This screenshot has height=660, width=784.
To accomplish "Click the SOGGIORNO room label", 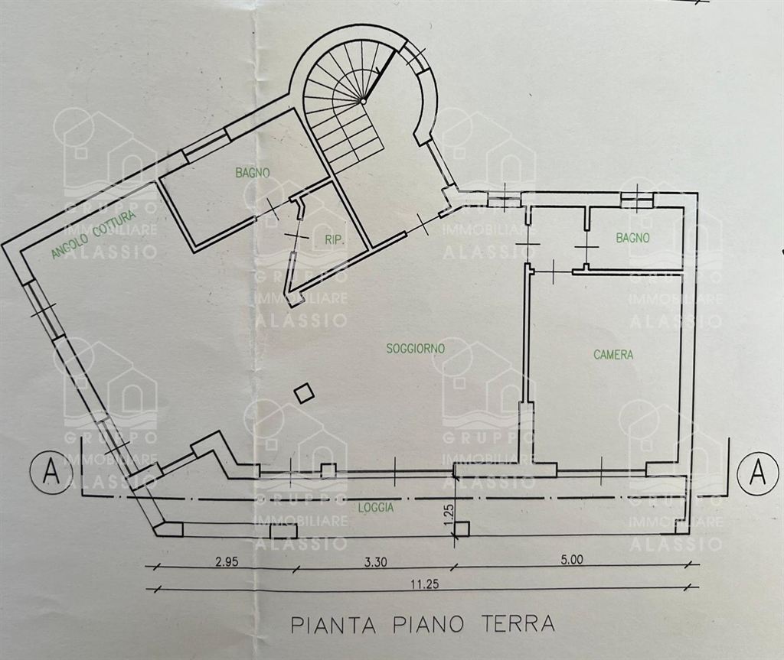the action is coord(415,348).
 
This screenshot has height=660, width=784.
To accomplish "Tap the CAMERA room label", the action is coord(613,354).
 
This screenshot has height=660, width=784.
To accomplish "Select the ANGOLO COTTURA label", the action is coord(93,235).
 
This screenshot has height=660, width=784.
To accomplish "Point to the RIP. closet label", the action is coord(335,240).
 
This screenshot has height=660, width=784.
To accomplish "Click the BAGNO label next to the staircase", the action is coord(253,173).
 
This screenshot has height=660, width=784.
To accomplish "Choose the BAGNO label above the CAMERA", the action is coord(633,238).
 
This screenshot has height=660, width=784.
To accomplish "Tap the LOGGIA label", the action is coord(376,508).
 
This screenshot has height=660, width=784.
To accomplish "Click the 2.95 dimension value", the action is coord(227,561).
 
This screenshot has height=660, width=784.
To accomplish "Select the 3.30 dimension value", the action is coord(375,561).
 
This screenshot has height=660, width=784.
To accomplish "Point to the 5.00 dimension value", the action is coord(571,560).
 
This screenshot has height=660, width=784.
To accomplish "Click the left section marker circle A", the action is coord(51,470).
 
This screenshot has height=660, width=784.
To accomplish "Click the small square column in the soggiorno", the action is coord(303,393).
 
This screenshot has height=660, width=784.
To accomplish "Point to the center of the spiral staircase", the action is coord(362,102).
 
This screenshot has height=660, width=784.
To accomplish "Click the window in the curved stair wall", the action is coord(415,57).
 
